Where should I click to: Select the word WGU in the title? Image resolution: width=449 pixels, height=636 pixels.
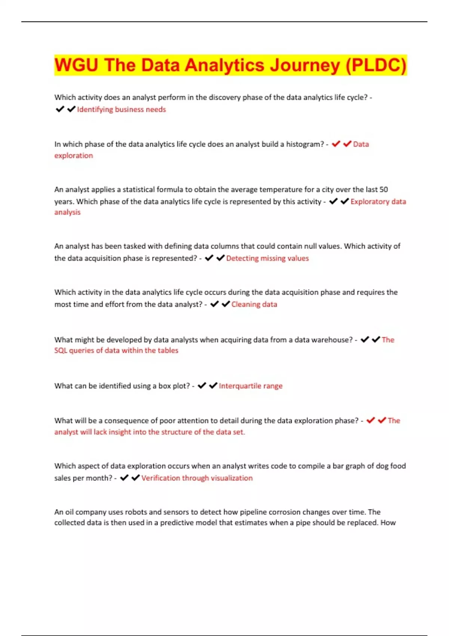pos(76,65)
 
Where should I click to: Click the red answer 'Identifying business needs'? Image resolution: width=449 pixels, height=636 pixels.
pos(121,109)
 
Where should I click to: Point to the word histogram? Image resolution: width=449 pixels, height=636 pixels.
pos(305,144)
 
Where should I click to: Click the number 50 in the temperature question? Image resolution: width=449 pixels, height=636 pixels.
pos(384,189)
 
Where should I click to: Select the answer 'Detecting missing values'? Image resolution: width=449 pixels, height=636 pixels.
pos(267,258)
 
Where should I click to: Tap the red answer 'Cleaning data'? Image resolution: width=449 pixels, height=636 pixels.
pos(254,304)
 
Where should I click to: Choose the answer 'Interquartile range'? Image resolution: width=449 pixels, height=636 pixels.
pos(250,386)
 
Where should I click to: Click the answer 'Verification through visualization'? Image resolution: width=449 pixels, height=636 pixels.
pos(197,478)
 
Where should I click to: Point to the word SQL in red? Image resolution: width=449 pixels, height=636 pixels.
pos(61,351)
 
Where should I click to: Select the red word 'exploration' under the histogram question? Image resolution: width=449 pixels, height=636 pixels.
pos(73,156)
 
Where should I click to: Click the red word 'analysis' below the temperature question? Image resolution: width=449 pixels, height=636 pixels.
pos(67,212)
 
